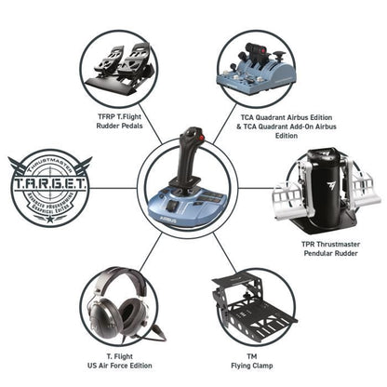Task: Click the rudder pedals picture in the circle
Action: click(119, 66)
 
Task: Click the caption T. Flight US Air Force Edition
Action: click(120, 361)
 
